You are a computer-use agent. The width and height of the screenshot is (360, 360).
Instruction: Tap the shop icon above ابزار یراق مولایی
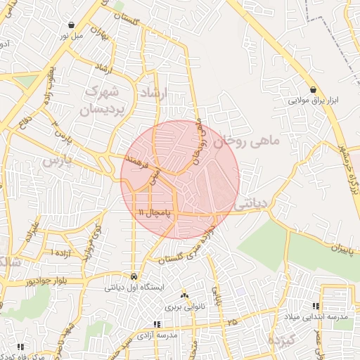click(313, 89)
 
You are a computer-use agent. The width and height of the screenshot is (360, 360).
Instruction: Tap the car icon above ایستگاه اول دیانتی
click(134, 276)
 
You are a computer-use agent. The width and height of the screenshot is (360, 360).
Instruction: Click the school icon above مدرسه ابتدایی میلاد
click(316, 307)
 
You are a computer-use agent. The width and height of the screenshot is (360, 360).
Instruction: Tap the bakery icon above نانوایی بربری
click(185, 296)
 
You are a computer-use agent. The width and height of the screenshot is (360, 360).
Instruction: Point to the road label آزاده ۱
click(62, 252)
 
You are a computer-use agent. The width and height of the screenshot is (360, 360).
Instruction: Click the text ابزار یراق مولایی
click(313, 101)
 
